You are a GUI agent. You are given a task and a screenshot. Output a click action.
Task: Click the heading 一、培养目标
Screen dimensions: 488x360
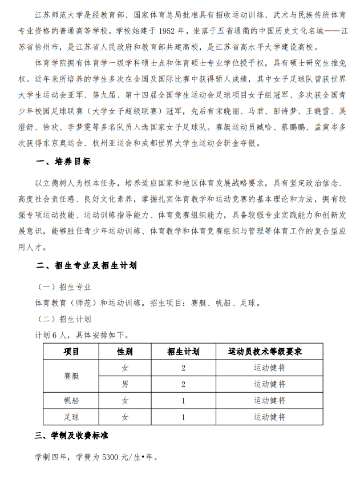[x=63, y=162]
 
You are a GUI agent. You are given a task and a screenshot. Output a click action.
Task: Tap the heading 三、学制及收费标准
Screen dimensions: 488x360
[x=72, y=435]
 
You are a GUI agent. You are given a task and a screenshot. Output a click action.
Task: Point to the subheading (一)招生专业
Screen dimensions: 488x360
[x=64, y=287]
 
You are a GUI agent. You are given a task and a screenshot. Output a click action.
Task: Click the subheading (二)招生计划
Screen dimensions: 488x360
[x=64, y=318]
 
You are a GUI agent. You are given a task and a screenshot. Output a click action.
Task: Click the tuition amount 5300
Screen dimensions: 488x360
[x=115, y=457]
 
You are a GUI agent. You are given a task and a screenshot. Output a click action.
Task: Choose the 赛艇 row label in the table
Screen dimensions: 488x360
[x=71, y=376]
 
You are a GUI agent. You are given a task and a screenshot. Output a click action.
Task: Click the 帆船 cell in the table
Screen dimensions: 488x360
[x=71, y=401]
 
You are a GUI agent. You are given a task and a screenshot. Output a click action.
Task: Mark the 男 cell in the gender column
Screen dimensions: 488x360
[x=126, y=384]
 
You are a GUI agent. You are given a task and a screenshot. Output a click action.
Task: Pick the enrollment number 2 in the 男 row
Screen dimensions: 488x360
[x=183, y=384]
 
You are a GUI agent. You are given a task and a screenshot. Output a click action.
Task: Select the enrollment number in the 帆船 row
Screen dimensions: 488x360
[x=183, y=401]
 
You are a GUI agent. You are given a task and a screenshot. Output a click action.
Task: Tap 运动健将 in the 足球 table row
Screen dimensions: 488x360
[x=269, y=417]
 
